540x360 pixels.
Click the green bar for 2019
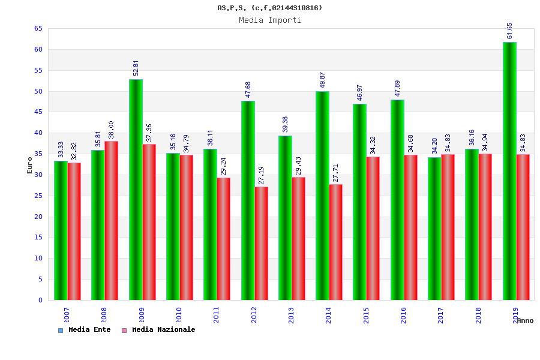509,171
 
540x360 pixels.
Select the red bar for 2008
112,220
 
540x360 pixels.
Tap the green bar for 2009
136,190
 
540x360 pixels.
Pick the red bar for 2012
262,243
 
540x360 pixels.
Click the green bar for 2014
322,196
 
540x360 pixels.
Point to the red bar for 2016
410,227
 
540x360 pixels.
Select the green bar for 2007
61,230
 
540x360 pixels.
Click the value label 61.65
510,31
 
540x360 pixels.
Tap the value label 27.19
262,176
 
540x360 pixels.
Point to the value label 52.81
136,68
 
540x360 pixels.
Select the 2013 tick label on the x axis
292,315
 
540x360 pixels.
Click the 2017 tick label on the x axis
441,315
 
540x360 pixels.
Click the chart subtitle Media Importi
270,20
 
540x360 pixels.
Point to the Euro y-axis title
30,165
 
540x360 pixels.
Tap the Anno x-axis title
525,320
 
